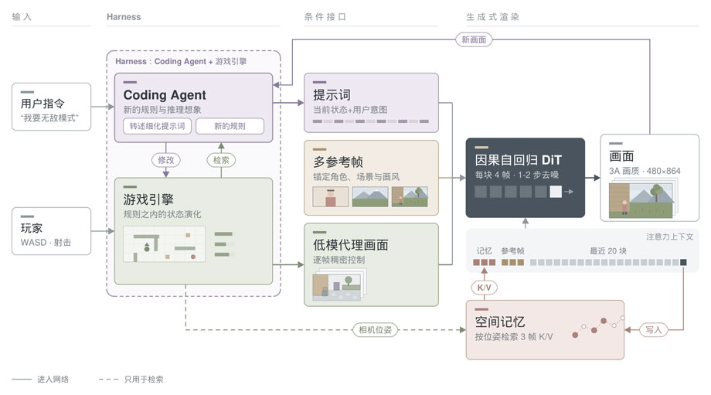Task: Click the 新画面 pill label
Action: [x=474, y=40]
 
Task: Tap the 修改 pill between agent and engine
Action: [x=166, y=160]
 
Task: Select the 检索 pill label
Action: [x=221, y=160]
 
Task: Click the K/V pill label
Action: [x=485, y=288]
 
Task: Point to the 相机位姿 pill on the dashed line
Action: [x=375, y=330]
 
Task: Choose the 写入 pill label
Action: [x=653, y=330]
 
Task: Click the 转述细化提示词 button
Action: [x=158, y=126]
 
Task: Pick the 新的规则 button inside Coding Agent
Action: [x=230, y=126]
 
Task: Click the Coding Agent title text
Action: [x=165, y=95]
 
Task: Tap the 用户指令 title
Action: [x=43, y=104]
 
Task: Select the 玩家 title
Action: [x=31, y=228]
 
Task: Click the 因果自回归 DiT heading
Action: [x=519, y=160]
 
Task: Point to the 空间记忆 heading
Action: [x=500, y=322]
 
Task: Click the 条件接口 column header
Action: [x=325, y=17]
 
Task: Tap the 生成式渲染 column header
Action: [x=493, y=17]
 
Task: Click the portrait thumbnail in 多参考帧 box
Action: [x=331, y=197]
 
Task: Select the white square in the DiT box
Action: [x=556, y=192]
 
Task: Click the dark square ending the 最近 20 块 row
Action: [x=683, y=262]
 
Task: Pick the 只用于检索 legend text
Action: [x=144, y=379]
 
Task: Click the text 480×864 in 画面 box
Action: [x=663, y=171]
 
